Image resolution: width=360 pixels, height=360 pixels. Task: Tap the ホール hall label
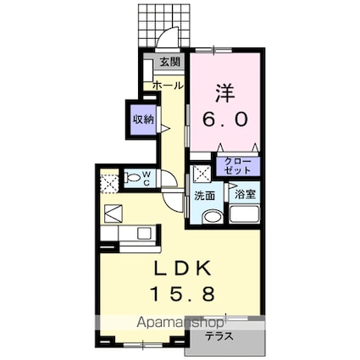point(167,86)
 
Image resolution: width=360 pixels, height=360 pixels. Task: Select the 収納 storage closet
point(142,119)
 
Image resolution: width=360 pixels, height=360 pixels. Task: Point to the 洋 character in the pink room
point(224,91)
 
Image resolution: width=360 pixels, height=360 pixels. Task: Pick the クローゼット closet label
point(237,165)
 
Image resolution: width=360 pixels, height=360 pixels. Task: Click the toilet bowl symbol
point(132,179)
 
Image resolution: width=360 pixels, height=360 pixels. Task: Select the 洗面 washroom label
point(205,196)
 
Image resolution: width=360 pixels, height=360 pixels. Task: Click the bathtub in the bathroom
point(245,217)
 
